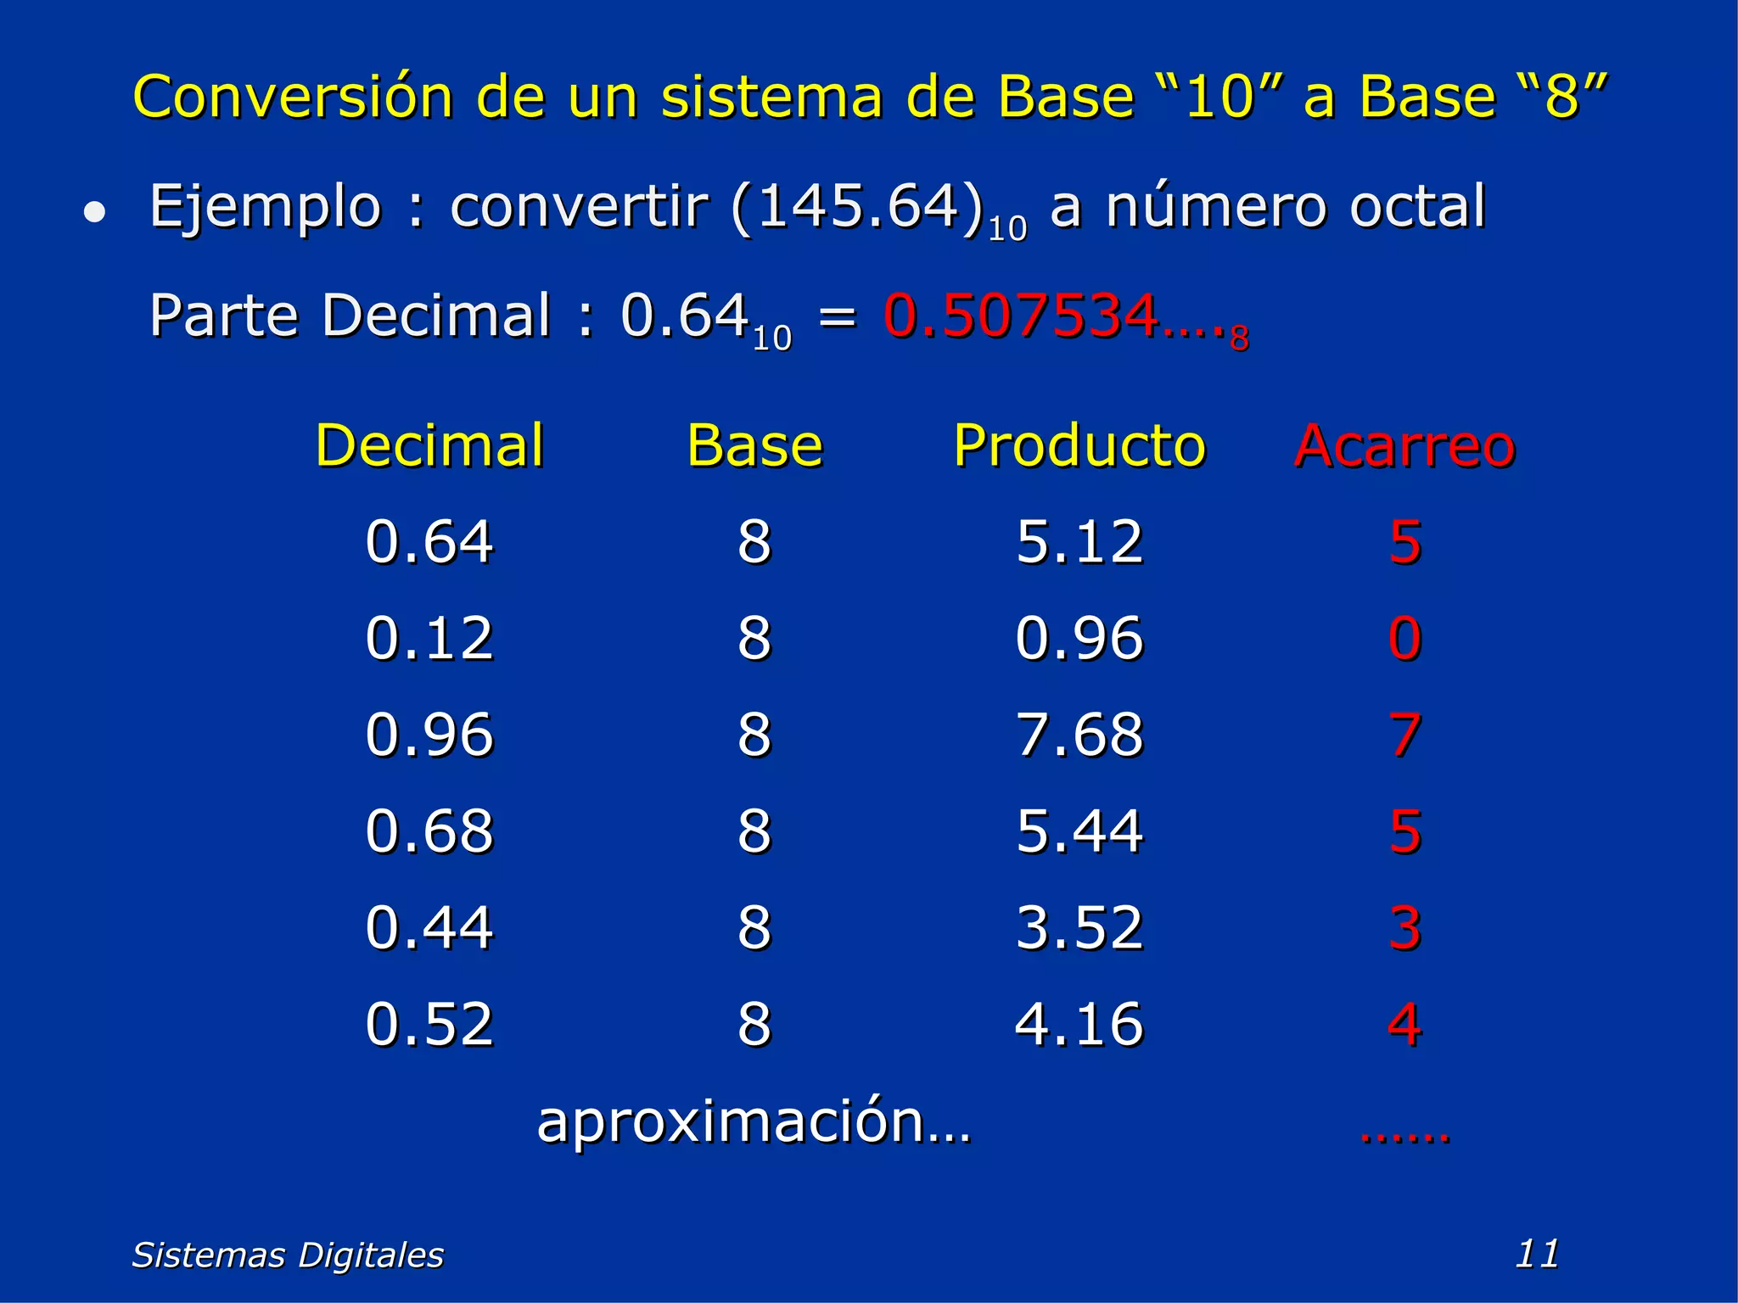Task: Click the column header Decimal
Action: (429, 445)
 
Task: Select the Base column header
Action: (754, 445)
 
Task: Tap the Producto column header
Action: (1079, 445)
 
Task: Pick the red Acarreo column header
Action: (1404, 445)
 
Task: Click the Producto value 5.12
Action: (1079, 542)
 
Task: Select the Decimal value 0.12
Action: (429, 638)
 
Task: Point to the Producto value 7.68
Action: (1079, 735)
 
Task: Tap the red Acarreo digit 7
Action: (1404, 735)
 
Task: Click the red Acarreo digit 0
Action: (1404, 638)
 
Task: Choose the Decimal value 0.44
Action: (429, 927)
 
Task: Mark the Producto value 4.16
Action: (1079, 1024)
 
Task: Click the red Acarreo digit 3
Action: (1404, 927)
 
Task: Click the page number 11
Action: (1537, 1254)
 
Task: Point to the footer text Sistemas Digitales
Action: (288, 1255)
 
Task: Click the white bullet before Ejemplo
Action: (95, 212)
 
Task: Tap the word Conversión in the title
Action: (293, 97)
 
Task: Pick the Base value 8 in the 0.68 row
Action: (754, 831)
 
